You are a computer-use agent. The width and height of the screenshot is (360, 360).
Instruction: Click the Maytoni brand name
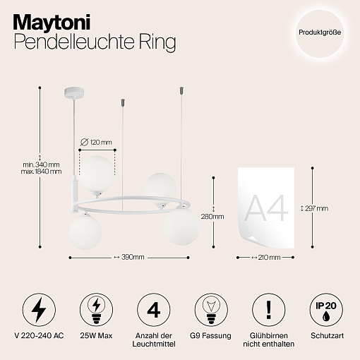click(x=52, y=23)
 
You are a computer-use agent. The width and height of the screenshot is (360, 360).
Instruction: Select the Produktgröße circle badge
click(x=320, y=32)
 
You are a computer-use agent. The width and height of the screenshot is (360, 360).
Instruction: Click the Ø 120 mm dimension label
click(x=96, y=143)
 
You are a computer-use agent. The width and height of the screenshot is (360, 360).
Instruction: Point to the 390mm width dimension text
click(x=133, y=257)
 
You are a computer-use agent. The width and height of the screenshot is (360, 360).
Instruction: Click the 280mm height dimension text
click(x=212, y=217)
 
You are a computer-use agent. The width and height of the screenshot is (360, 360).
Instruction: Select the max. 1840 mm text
click(x=41, y=172)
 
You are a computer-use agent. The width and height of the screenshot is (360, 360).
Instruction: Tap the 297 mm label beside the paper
click(x=316, y=208)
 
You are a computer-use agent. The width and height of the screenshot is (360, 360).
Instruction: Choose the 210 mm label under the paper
click(x=269, y=258)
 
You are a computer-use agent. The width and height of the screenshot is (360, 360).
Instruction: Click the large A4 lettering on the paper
click(x=267, y=208)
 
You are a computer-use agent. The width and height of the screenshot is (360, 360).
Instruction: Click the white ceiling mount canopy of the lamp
click(x=74, y=93)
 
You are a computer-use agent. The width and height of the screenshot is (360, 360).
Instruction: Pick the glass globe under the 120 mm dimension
click(x=97, y=174)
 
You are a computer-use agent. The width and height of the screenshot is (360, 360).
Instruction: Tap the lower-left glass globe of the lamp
click(x=85, y=232)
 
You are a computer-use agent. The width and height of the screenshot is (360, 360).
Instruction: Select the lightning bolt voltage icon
click(x=39, y=310)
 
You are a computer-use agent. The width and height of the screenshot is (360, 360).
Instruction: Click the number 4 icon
click(x=153, y=310)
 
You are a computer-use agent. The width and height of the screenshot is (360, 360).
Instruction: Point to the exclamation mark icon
click(x=269, y=310)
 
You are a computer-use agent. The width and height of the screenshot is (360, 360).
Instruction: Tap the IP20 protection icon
click(x=326, y=310)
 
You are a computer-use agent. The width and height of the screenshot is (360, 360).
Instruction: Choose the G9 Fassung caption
click(x=210, y=335)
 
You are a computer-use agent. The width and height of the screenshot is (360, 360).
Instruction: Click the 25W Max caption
click(x=96, y=335)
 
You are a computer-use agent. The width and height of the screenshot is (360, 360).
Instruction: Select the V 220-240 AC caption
click(x=39, y=335)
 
